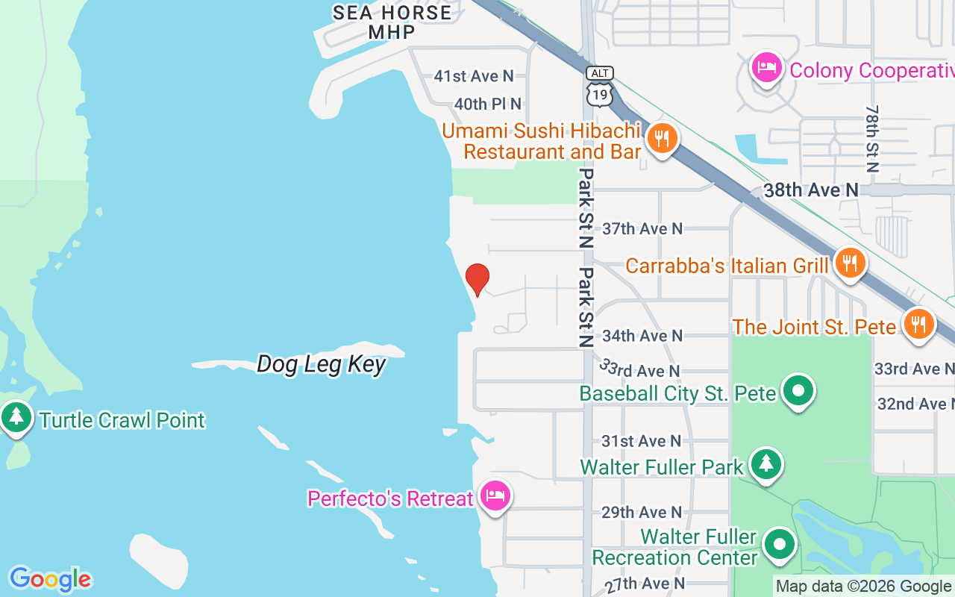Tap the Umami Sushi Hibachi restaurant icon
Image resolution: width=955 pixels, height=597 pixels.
(661, 138)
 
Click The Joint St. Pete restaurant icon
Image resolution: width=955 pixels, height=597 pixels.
(919, 324)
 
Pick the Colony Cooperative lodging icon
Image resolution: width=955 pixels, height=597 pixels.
(766, 69)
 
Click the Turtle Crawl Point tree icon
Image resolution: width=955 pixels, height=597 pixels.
(16, 417)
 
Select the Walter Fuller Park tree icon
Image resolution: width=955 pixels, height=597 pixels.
(765, 464)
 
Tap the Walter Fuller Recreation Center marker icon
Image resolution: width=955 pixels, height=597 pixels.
(780, 545)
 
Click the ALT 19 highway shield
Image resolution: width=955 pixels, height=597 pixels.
(600, 85)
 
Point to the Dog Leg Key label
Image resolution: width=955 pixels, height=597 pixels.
(321, 364)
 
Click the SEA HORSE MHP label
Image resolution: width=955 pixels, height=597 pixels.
(392, 22)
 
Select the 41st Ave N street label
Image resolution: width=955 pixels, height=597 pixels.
(474, 76)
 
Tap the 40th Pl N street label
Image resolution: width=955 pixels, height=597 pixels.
(487, 104)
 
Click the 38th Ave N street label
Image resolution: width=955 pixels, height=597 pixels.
(811, 190)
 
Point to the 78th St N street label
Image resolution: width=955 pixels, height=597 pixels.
(871, 139)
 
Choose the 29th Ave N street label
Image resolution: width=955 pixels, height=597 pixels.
(642, 512)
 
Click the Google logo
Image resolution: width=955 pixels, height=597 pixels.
(50, 579)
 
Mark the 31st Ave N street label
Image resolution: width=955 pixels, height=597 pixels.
(642, 441)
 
